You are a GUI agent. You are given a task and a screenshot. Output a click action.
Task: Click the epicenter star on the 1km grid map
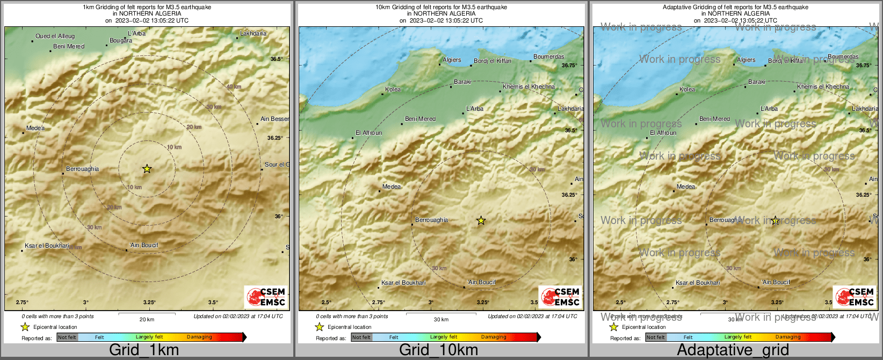tap(147, 169)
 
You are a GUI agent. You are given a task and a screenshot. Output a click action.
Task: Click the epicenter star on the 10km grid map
tap(481, 220)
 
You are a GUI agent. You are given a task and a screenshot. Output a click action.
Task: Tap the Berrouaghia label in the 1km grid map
tap(82, 169)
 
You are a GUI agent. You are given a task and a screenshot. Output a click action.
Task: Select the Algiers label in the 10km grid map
tap(452, 60)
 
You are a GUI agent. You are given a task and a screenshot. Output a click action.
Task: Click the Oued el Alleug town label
tap(55, 36)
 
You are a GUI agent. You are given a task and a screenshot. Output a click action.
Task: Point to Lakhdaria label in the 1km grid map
tap(253, 33)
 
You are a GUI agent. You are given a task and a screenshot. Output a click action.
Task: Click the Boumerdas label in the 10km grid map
tap(548, 56)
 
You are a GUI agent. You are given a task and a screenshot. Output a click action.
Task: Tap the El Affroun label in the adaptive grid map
tap(663, 133)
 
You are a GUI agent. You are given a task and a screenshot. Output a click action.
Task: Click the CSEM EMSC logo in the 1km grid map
tap(265, 297)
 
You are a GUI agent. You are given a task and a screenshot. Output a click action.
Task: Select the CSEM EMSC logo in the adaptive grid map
tap(854, 297)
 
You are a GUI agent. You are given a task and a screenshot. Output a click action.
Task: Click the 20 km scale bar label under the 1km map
tap(147, 319)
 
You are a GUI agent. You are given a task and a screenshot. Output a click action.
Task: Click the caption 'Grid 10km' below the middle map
tap(438, 350)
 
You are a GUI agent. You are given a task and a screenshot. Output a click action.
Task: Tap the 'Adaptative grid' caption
tap(733, 350)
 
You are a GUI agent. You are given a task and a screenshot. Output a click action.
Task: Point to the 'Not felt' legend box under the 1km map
tap(67, 337)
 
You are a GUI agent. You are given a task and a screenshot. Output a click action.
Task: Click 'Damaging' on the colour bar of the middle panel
tap(494, 337)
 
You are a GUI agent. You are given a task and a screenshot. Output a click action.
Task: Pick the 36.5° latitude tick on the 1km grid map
tap(277, 59)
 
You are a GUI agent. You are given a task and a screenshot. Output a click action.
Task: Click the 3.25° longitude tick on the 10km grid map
tap(482, 302)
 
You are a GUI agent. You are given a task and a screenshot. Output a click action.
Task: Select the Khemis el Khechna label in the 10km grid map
tap(529, 87)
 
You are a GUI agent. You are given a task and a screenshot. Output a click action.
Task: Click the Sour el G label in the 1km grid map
tap(277, 164)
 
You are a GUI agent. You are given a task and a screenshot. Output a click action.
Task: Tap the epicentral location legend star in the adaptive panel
tap(613, 327)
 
